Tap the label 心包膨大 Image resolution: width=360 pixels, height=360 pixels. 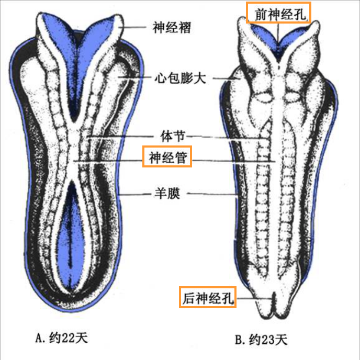point(180,79)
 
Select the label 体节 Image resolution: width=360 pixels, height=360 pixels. point(171,137)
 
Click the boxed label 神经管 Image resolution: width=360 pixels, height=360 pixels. point(167,156)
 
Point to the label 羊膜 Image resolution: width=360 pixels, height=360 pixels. point(167,194)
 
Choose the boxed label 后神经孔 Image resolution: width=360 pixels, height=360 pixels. point(207,298)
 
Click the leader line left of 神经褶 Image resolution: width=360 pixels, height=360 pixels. point(136,26)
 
